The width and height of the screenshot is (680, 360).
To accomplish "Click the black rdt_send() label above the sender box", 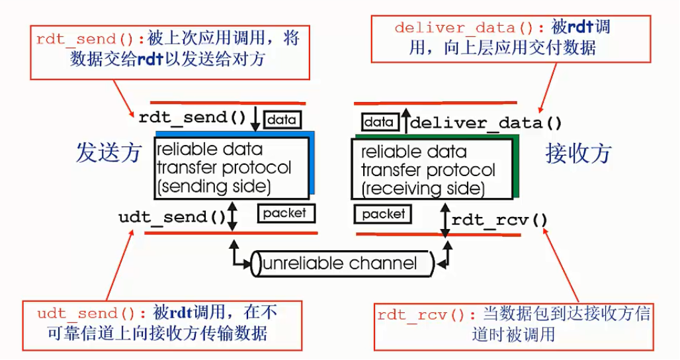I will (x=192, y=118).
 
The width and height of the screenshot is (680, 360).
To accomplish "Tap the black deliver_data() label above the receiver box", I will (x=487, y=122).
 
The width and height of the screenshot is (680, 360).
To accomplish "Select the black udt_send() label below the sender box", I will (x=172, y=217).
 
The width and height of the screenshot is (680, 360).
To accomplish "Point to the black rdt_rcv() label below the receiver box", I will (x=500, y=219).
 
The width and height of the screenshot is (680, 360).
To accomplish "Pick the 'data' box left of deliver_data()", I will (x=380, y=122).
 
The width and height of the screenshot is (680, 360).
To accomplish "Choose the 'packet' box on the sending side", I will (x=285, y=213).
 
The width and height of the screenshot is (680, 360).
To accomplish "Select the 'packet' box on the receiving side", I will (x=383, y=214).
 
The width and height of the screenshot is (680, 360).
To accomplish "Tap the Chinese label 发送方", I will (x=108, y=153).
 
